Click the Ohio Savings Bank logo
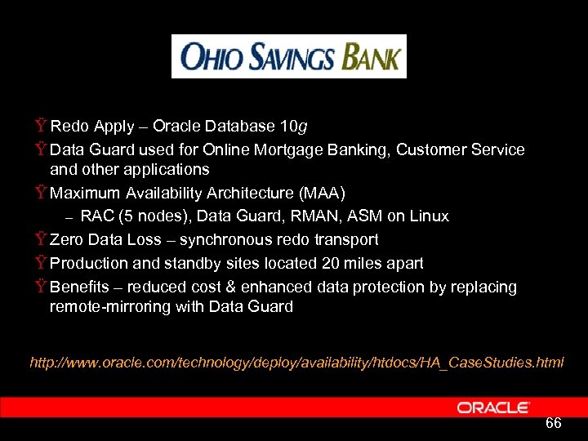coord(288,56)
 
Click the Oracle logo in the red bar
coord(493,407)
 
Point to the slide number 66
coord(553,423)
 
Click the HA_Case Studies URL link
coord(296,362)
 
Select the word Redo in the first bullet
coord(69,127)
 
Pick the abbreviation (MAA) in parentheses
coord(321,193)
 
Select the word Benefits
coord(79,287)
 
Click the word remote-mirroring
coord(109,307)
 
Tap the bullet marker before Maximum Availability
coord(40,194)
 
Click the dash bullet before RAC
coord(69,217)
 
